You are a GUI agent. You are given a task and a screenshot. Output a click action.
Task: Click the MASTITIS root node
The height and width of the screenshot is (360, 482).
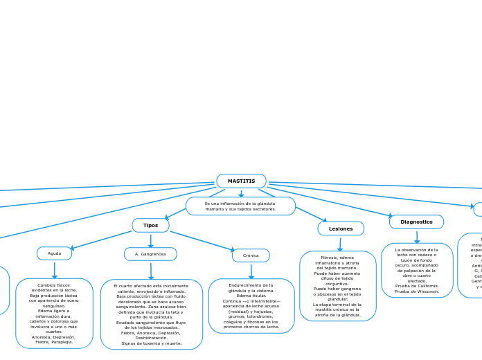(x=241, y=181)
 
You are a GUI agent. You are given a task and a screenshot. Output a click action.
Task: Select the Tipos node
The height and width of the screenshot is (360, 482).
(x=150, y=226)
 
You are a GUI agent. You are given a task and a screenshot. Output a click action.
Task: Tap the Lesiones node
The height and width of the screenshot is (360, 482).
(x=341, y=228)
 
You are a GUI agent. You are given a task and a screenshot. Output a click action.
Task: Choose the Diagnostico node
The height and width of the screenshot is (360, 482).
(x=416, y=222)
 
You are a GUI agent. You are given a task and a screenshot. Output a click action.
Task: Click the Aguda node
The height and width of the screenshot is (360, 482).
(x=54, y=253)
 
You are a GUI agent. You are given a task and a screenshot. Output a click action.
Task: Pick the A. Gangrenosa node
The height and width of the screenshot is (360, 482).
(x=150, y=254)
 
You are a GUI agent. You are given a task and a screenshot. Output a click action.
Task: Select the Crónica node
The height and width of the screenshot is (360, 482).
(x=251, y=255)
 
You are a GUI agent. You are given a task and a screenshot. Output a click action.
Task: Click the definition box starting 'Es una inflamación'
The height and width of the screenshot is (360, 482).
(x=240, y=206)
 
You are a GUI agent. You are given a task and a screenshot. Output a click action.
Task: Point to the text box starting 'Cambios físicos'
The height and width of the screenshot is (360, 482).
(x=54, y=313)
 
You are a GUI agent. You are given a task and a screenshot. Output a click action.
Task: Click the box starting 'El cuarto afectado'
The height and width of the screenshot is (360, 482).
(x=151, y=314)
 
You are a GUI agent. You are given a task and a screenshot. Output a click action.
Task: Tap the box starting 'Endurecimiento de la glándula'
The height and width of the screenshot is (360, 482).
(x=251, y=306)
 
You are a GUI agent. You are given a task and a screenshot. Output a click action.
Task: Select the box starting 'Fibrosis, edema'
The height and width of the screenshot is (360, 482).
(x=337, y=286)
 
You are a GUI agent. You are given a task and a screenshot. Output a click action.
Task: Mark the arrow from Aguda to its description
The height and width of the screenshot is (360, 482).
(x=54, y=270)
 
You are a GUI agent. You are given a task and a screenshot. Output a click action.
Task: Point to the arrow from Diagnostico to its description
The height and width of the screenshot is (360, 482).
(x=417, y=237)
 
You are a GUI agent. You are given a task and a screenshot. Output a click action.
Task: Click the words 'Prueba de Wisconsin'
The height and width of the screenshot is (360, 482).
(x=417, y=291)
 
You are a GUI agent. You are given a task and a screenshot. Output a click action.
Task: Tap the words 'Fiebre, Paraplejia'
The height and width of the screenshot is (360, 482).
(x=54, y=342)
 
